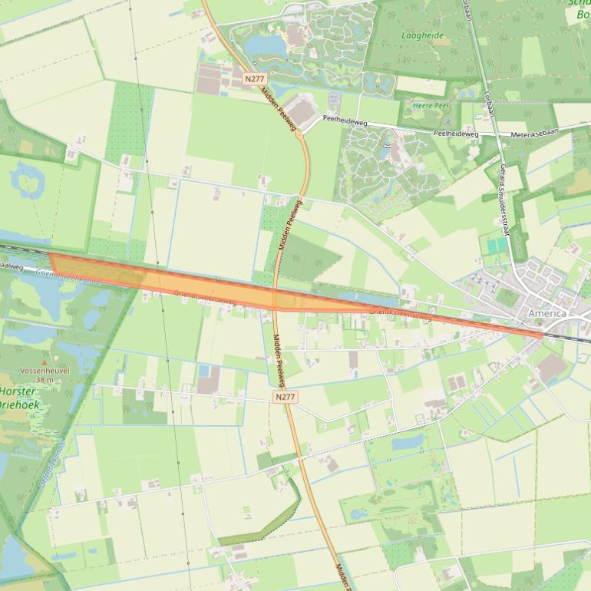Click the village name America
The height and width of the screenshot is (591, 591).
tap(546, 314)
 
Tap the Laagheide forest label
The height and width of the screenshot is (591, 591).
tap(422, 35)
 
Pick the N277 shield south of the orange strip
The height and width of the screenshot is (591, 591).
tap(284, 397)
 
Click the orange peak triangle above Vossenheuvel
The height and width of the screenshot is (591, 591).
tap(45, 361)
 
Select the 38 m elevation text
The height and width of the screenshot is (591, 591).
tap(45, 379)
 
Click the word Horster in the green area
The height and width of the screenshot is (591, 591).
tap(18, 391)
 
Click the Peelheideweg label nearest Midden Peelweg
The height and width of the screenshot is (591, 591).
tap(345, 120)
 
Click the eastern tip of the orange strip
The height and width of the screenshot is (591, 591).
tap(542, 335)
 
